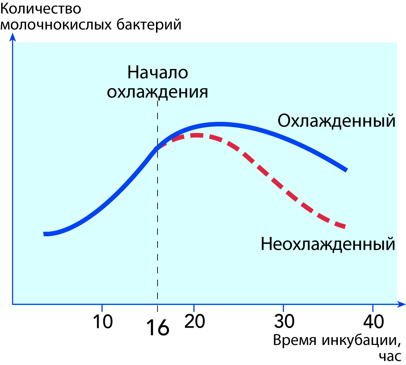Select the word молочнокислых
56,25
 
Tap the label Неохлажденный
328,244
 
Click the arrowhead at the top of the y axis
13,37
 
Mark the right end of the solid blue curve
346,170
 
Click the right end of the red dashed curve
344,227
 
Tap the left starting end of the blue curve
45,234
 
